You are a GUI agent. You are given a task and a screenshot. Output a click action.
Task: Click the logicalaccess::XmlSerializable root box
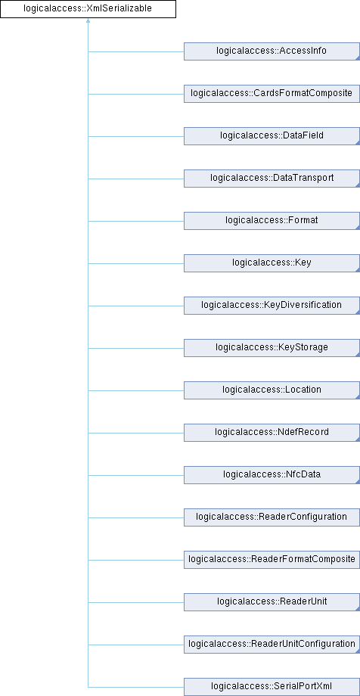(x=88, y=9)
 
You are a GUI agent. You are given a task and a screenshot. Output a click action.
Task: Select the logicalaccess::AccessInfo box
(x=272, y=51)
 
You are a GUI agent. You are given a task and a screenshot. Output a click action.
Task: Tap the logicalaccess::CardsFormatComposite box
(x=272, y=94)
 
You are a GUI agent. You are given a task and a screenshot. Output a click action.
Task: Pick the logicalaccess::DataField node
(x=272, y=136)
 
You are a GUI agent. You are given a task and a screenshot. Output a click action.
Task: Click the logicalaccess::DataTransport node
(x=272, y=179)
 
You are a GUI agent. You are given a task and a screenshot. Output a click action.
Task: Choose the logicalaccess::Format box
(x=272, y=221)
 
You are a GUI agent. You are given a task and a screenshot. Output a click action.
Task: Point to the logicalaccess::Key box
(x=272, y=263)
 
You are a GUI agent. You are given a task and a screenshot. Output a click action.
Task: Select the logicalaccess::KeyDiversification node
(x=272, y=306)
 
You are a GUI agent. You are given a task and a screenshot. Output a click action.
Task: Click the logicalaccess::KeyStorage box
(x=272, y=348)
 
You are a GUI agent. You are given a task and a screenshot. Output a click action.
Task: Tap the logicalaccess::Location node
(x=272, y=390)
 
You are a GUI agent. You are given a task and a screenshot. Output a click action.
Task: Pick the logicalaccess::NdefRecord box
(x=272, y=433)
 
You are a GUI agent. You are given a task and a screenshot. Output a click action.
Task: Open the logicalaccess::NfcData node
(x=272, y=475)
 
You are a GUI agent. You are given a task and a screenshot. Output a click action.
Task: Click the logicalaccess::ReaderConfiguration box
(x=272, y=517)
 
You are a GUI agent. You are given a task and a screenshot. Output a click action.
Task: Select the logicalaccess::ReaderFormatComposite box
(x=272, y=560)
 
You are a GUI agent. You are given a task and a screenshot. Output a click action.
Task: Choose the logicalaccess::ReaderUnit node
(x=272, y=602)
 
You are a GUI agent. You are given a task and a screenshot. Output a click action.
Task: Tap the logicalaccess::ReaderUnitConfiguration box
(x=272, y=645)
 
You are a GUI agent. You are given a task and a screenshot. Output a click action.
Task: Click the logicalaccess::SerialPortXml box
(x=272, y=687)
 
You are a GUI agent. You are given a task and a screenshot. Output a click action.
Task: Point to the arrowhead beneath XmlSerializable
(x=88, y=20)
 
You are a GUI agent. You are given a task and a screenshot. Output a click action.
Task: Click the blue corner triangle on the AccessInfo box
(x=358, y=58)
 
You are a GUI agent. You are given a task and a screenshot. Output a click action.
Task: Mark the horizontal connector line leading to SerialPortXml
(x=136, y=687)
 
